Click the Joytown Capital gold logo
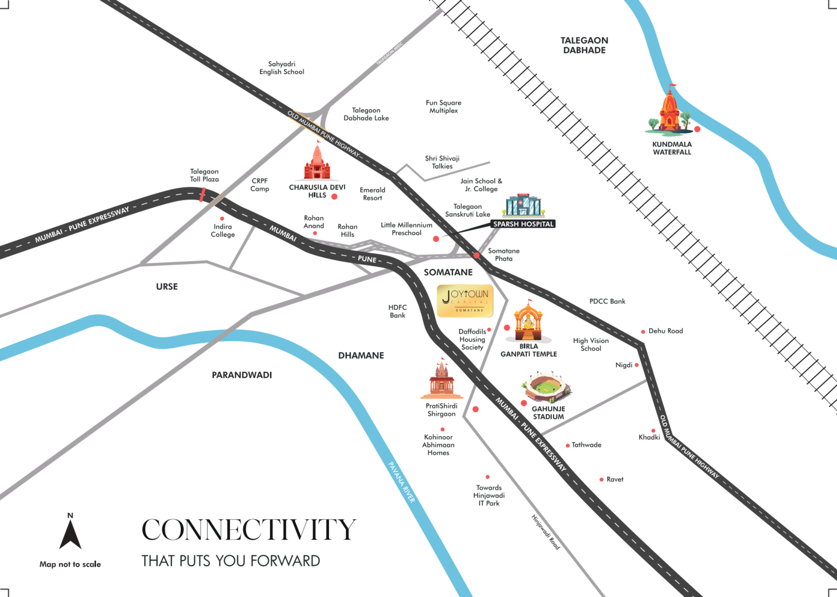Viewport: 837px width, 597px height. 465,300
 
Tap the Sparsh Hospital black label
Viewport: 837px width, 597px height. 523,224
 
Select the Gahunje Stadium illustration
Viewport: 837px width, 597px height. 546,388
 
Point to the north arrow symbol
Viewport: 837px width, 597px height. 70,533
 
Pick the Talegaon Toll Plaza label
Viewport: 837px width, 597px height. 204,175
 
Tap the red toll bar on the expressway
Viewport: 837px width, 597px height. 203,194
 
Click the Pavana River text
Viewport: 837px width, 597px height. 401,482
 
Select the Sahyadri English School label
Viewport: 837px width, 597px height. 282,68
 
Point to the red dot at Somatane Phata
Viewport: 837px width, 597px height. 476,255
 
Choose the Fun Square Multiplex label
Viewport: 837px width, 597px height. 444,106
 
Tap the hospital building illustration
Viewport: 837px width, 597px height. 523,205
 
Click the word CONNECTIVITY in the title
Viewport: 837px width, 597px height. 249,530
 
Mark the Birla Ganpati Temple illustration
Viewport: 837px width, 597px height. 528,321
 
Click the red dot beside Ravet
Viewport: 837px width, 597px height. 601,479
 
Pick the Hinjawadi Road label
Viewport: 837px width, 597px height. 545,532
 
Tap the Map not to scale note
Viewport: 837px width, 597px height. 70,564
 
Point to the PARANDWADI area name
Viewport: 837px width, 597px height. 242,375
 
